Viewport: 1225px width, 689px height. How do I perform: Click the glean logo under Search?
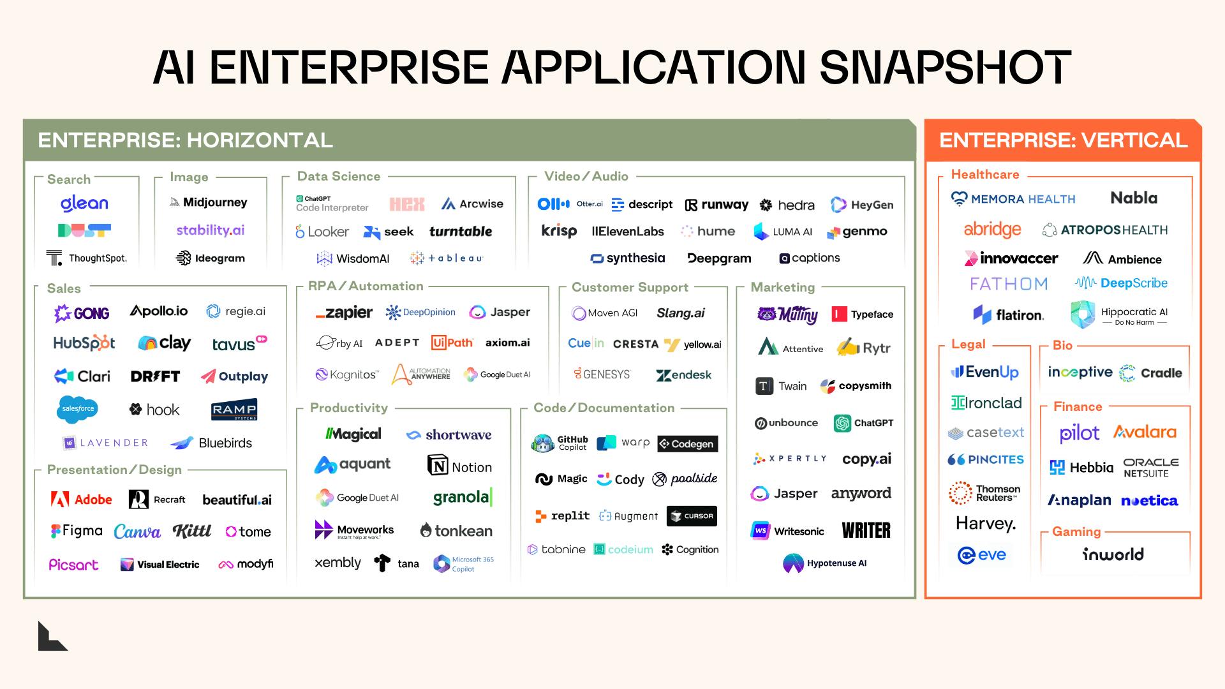tap(84, 204)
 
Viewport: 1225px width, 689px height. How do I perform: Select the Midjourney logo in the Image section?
tap(209, 202)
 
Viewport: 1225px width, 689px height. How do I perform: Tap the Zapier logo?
tap(344, 313)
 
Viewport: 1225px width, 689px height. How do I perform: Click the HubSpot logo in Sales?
tap(84, 343)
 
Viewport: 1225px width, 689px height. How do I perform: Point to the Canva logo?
tap(137, 531)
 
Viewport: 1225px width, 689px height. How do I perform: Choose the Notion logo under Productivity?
tap(460, 466)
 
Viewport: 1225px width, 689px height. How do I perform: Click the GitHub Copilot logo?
tap(560, 443)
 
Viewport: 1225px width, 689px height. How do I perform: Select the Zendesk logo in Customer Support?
tap(683, 375)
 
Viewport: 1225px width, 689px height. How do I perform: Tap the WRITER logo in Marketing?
tap(866, 530)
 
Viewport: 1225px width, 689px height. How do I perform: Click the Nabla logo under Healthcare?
tap(1134, 198)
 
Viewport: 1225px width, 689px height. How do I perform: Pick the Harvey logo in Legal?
tap(985, 524)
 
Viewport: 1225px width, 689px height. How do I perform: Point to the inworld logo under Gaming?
tap(1113, 554)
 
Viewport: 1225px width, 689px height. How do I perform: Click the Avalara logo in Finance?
tap(1145, 433)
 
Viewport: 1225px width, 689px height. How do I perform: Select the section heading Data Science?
tap(338, 177)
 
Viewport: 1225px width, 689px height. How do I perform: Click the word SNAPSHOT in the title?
tap(945, 68)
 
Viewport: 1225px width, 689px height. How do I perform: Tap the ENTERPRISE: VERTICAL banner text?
tap(1063, 140)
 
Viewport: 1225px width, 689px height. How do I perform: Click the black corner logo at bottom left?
tap(51, 637)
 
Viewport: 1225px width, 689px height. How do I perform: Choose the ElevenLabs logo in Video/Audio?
tap(628, 232)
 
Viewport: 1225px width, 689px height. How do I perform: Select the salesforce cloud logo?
tap(77, 409)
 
